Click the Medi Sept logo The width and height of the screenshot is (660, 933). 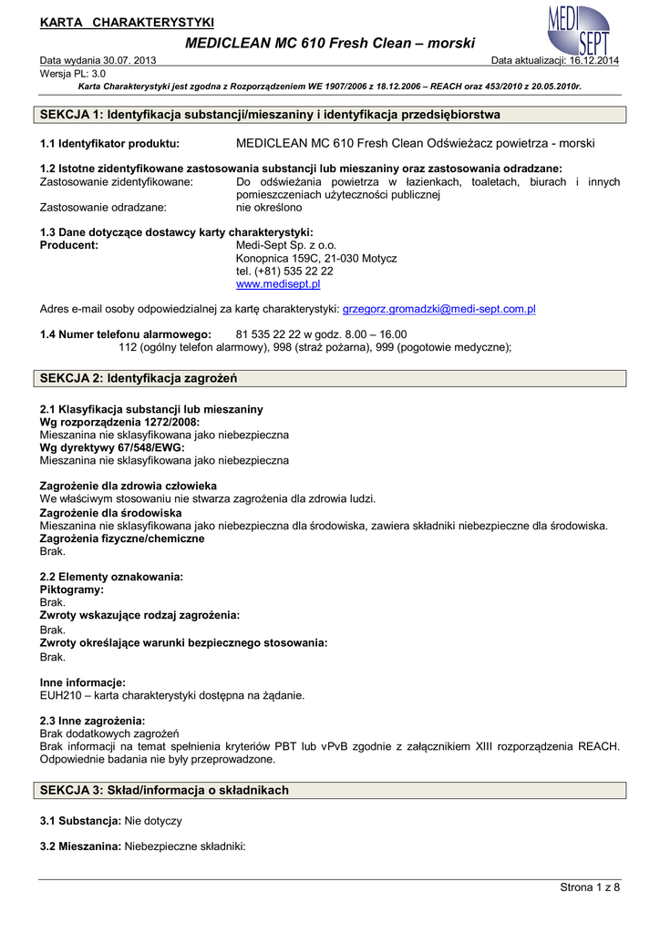click(578, 30)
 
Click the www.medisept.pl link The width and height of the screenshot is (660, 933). click(278, 284)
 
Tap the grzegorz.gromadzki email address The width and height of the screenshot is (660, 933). click(438, 309)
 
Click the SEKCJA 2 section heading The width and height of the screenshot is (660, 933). click(139, 378)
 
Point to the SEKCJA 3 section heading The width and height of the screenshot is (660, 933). click(165, 790)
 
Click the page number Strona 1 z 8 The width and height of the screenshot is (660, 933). click(589, 887)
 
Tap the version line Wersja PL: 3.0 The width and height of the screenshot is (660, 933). click(73, 73)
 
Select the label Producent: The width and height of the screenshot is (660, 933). click(69, 245)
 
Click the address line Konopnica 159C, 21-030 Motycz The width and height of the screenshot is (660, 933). click(316, 259)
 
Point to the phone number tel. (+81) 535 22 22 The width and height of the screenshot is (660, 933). click(284, 272)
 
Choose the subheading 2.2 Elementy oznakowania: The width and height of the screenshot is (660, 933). click(111, 577)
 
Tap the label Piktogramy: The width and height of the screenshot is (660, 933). click(72, 590)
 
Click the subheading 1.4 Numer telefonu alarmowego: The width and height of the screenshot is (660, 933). click(126, 334)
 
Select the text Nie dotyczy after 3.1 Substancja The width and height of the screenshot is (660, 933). click(153, 821)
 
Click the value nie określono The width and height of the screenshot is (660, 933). click(269, 208)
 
